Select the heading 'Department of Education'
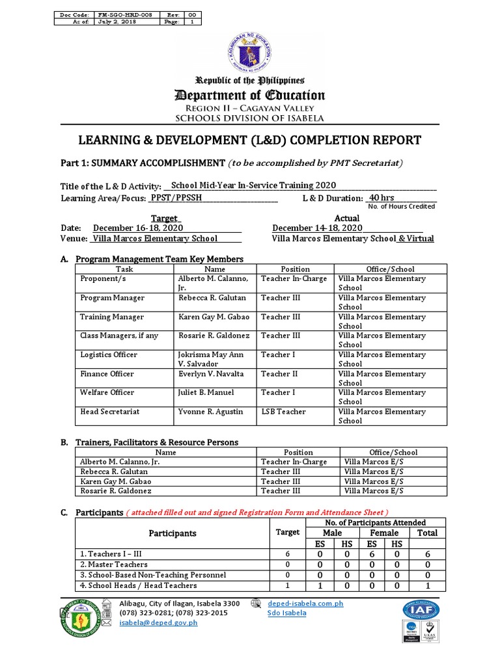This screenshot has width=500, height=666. (250, 96)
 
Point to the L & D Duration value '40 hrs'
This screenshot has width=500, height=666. (382, 198)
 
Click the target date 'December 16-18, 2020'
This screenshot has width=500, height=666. (138, 228)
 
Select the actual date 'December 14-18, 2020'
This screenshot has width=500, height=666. (317, 228)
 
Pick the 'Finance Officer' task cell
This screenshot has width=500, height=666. (107, 374)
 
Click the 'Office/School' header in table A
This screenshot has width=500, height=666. (390, 269)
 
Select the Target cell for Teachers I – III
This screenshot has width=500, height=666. (287, 553)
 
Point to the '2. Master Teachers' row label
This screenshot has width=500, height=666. (114, 565)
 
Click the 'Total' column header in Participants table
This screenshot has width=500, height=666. (427, 533)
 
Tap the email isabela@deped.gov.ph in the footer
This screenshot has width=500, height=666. (158, 623)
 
